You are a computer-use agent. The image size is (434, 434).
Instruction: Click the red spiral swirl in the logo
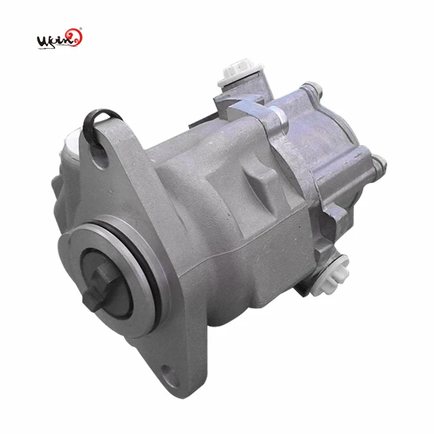[x=76, y=38]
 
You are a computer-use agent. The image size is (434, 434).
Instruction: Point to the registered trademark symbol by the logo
[x=82, y=29]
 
